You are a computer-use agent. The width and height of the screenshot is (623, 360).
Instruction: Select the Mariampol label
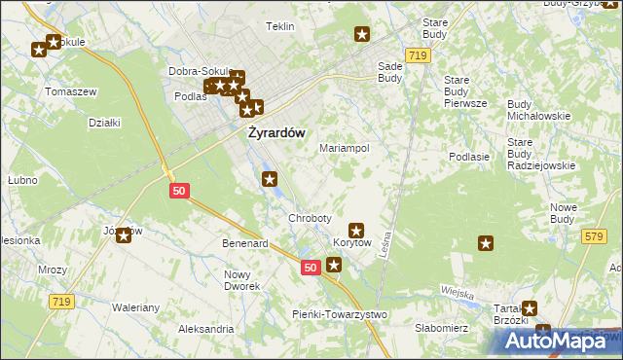344,148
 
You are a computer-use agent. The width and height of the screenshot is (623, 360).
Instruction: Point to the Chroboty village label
310,218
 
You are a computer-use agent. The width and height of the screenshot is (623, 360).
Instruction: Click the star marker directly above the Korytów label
356,231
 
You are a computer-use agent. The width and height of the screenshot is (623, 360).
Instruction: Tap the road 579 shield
595,236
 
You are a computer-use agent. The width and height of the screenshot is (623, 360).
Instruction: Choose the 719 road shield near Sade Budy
419,56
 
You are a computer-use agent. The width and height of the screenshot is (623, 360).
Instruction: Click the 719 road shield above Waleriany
60,303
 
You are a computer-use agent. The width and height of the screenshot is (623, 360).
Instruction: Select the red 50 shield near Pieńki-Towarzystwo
310,268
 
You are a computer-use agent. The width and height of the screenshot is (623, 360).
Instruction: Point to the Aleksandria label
205,329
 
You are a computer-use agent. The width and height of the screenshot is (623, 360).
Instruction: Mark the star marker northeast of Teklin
362,35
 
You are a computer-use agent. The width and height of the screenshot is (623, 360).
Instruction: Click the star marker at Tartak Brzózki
529,307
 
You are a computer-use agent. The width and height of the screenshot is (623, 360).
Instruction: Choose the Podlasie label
468,156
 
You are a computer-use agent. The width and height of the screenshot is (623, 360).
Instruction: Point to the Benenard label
245,243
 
